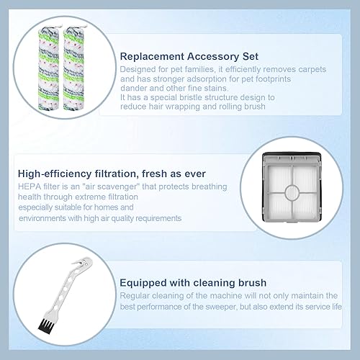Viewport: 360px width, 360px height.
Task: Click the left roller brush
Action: (49, 68)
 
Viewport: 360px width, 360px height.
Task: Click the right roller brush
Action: (74, 68)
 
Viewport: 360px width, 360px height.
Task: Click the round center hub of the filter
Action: (292, 193)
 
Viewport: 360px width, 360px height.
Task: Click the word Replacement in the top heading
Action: (152, 57)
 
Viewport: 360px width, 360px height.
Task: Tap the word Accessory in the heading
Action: (213, 57)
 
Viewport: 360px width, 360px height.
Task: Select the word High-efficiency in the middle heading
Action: (55, 174)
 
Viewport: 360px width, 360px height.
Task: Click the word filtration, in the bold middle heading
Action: (117, 174)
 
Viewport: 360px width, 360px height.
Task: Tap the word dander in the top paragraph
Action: (133, 88)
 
